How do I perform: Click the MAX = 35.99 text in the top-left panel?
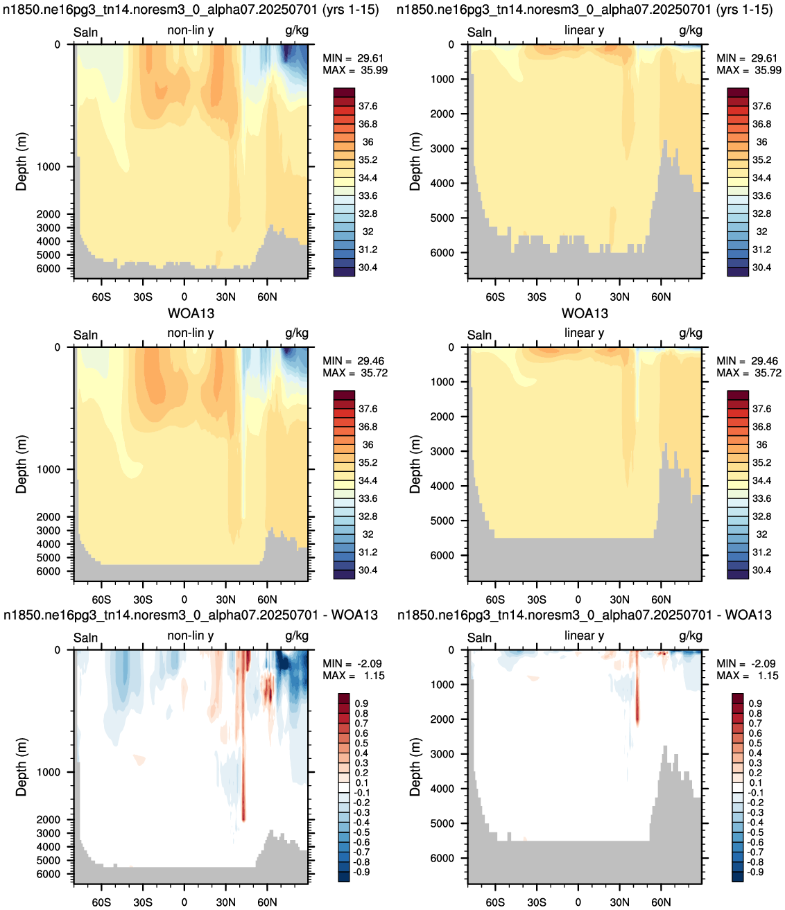point(355,71)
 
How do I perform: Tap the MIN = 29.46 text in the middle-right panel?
point(749,361)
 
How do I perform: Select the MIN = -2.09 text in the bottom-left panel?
point(352,664)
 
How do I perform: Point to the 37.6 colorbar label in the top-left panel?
point(368,106)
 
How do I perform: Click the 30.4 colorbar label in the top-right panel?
point(761,268)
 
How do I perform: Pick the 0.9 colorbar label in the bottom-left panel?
point(361,703)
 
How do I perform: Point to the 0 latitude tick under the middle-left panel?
point(184,600)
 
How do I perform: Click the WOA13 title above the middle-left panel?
point(191,313)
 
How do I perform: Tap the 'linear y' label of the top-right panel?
point(584,30)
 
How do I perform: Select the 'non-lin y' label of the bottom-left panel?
point(190,636)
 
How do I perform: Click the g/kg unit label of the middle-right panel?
point(690,333)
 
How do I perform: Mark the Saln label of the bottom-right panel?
point(479,638)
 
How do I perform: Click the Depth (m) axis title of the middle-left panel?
point(21,464)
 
